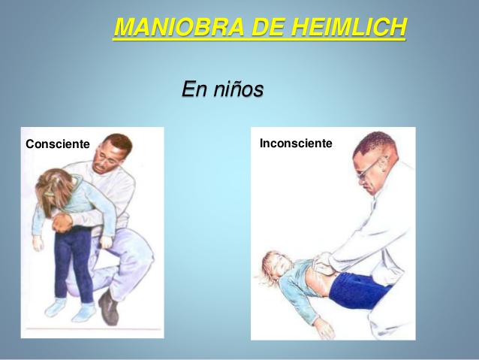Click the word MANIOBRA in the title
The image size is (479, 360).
point(179,27)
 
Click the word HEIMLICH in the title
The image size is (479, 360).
point(349,27)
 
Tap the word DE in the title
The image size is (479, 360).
point(268,27)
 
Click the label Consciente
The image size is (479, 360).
point(58,144)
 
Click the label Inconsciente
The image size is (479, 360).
point(296,143)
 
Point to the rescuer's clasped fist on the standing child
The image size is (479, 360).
point(62,222)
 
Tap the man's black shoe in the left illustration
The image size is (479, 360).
point(108,307)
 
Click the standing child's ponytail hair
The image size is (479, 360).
point(53,189)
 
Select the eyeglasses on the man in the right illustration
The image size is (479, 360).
point(370,168)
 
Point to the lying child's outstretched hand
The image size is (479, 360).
point(324,328)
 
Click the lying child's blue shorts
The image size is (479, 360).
point(358,289)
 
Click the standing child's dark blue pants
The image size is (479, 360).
point(74,262)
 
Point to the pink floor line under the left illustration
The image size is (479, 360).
point(93,329)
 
